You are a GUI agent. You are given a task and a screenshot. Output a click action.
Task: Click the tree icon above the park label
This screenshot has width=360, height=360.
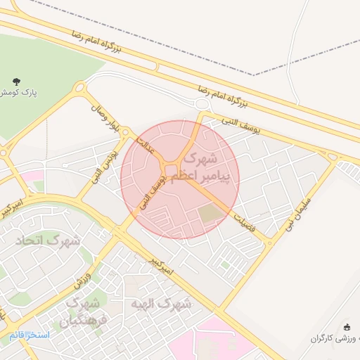tap(17, 82)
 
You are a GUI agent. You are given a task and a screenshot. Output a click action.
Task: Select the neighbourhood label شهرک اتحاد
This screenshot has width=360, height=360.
tap(49, 240)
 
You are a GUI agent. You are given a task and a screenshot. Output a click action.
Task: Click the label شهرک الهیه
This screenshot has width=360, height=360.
tap(161, 304)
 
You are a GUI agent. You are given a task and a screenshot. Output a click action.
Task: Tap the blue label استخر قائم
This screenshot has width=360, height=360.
tap(30, 335)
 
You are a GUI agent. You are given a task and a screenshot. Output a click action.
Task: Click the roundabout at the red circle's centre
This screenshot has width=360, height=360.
tap(171, 169)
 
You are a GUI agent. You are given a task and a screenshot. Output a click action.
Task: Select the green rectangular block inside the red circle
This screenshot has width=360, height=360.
tap(209, 214)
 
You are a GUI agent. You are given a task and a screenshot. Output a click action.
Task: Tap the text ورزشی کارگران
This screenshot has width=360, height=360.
tap(333, 338)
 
